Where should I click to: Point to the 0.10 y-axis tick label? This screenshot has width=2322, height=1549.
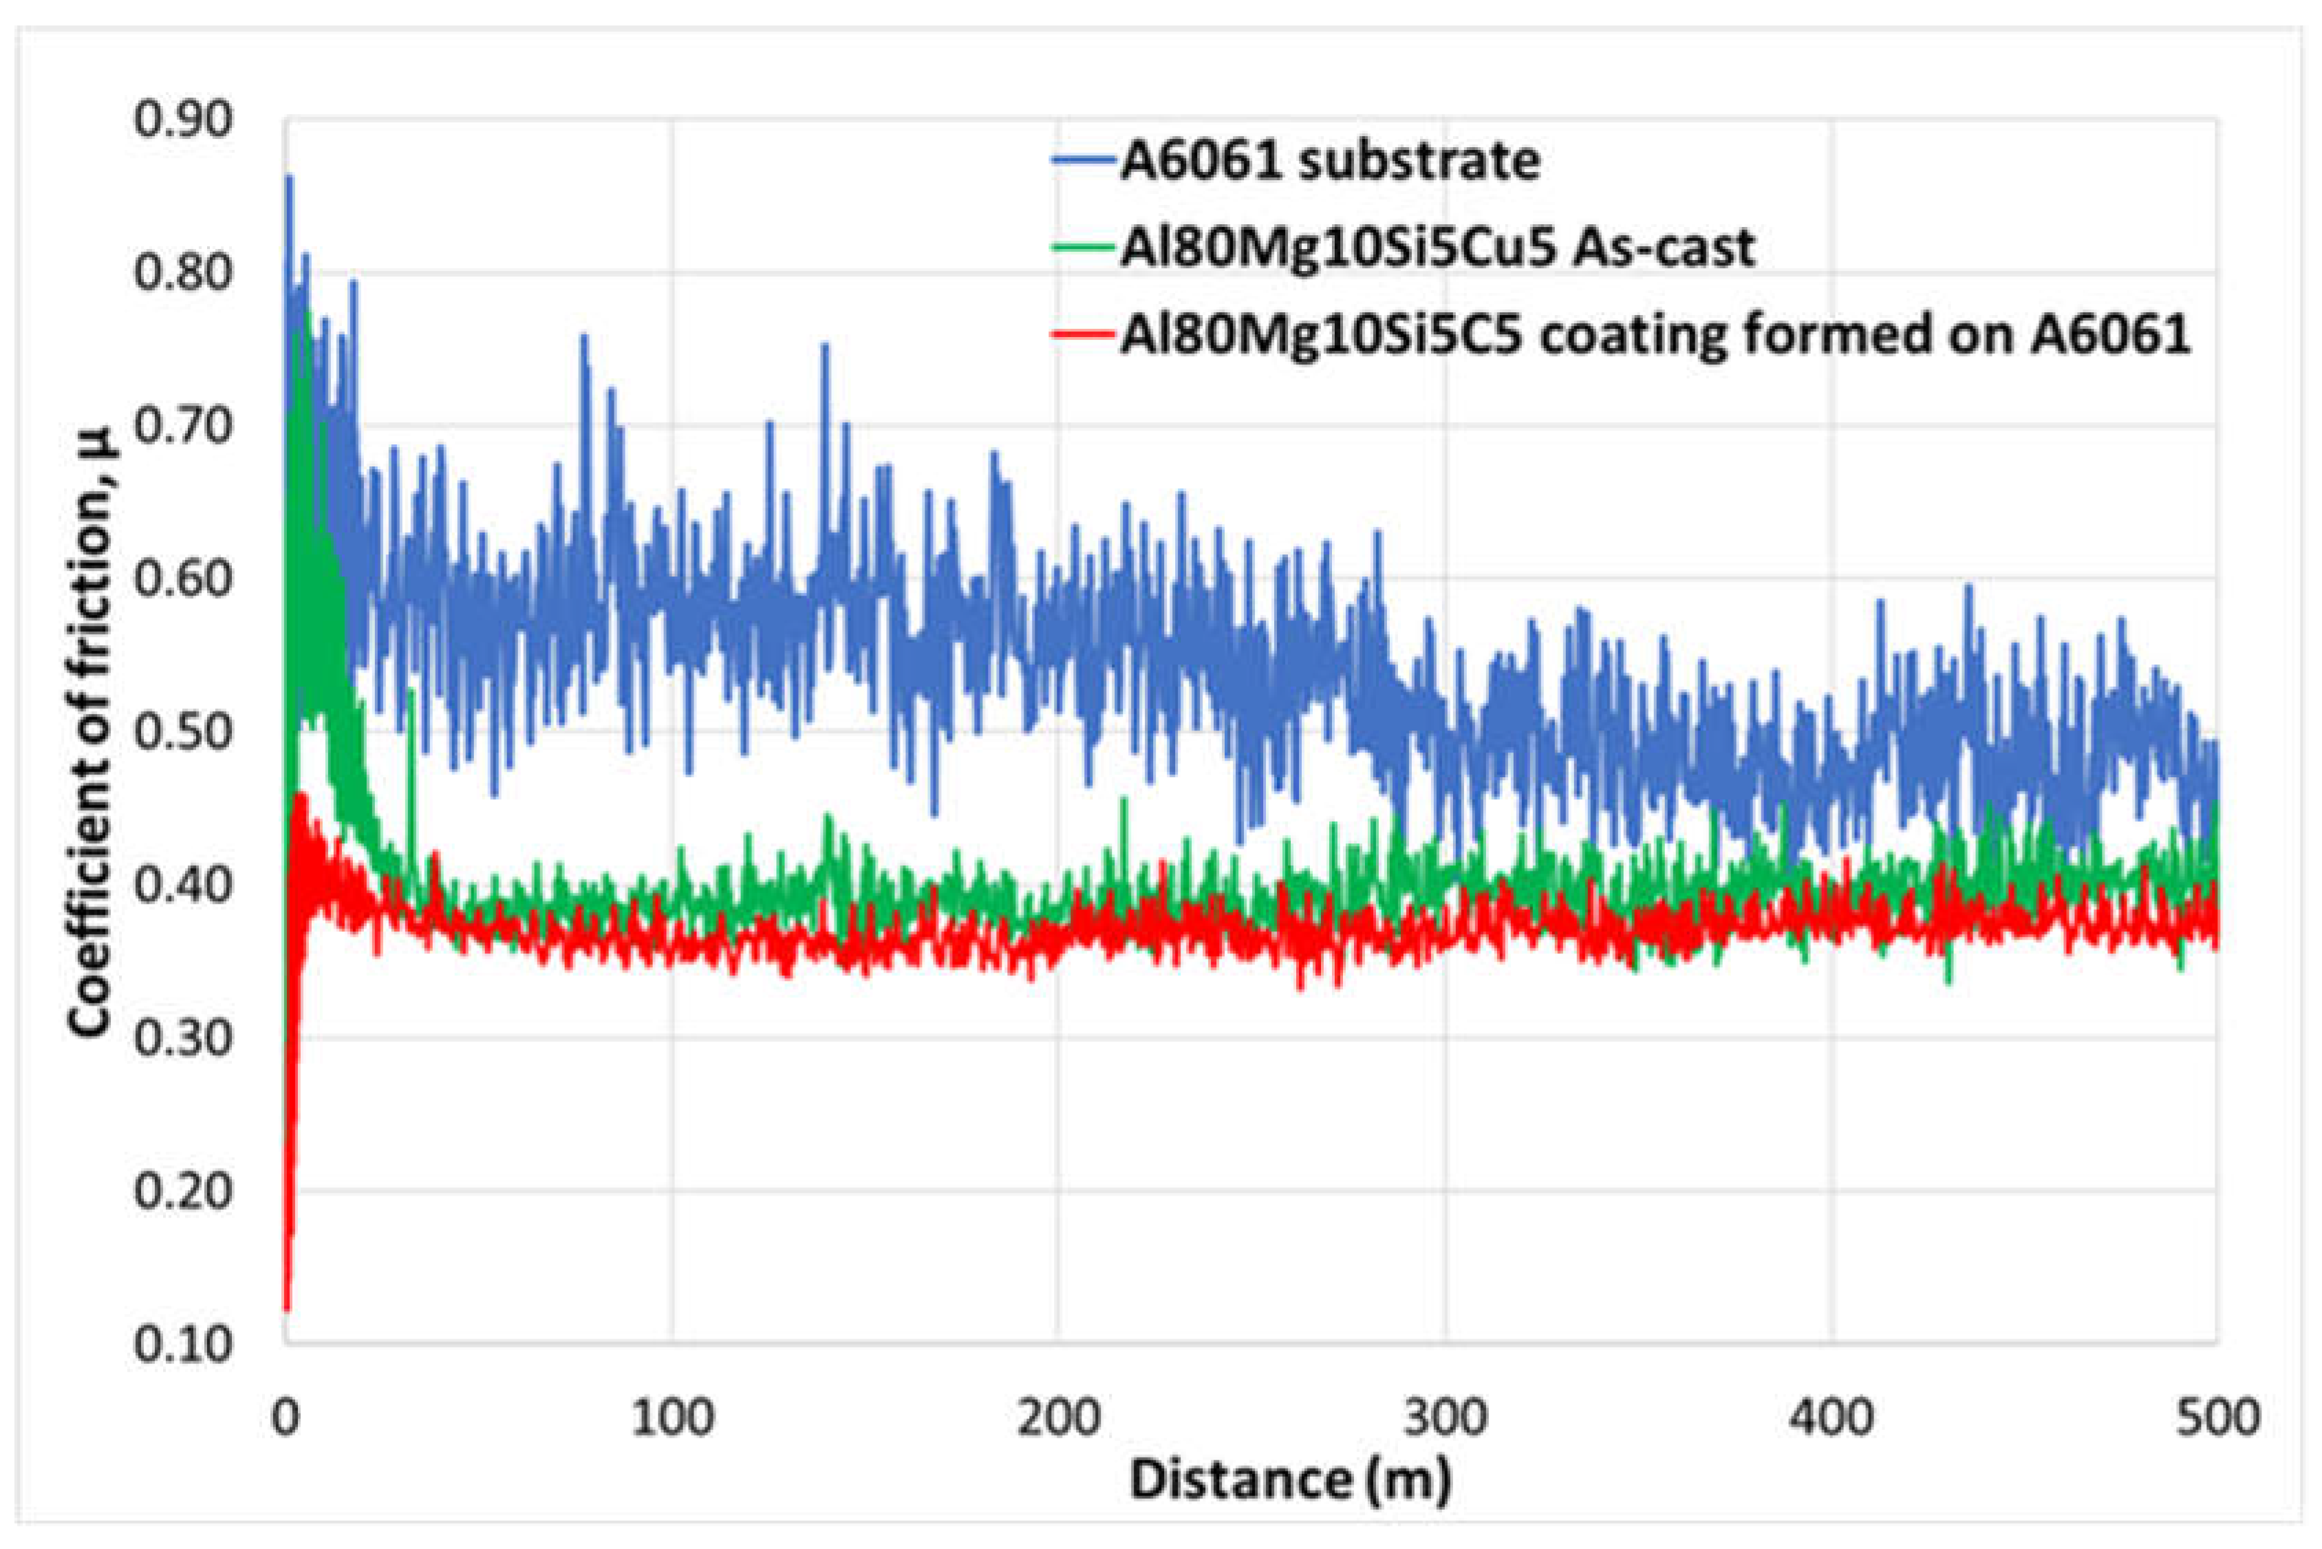pyautogui.click(x=184, y=1345)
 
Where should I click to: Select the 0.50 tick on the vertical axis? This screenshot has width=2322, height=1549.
pyautogui.click(x=184, y=733)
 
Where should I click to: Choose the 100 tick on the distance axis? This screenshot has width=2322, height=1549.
pyautogui.click(x=672, y=1418)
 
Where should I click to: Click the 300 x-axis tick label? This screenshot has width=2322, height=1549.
pyautogui.click(x=1445, y=1418)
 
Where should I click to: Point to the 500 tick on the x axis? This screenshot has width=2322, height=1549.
pyautogui.click(x=2216, y=1418)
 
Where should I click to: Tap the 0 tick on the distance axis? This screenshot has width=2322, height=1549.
pyautogui.click(x=286, y=1418)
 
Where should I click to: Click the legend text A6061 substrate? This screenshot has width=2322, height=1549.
pyautogui.click(x=1329, y=161)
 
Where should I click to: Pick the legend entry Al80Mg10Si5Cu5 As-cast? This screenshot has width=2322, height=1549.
pyautogui.click(x=1438, y=247)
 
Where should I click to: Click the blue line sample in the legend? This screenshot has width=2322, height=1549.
pyautogui.click(x=1084, y=161)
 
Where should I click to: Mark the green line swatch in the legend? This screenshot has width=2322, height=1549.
pyautogui.click(x=1084, y=247)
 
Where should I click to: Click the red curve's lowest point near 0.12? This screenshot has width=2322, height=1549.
pyautogui.click(x=286, y=1309)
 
